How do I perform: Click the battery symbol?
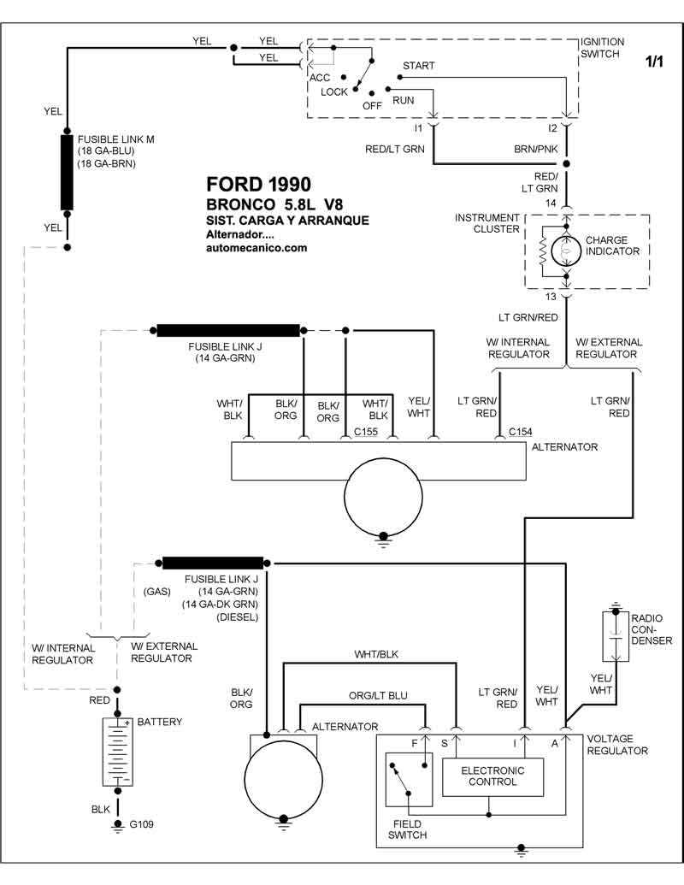117,752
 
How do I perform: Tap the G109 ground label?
141,825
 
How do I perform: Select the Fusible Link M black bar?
67,172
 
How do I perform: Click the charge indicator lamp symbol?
565,251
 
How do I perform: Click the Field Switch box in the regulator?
408,780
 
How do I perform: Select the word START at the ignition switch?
418,66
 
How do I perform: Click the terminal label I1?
418,128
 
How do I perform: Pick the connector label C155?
366,433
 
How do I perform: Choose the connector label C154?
521,433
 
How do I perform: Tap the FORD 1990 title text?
258,184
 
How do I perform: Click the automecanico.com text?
256,248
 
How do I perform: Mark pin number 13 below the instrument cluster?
551,296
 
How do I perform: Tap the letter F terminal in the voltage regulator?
415,743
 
